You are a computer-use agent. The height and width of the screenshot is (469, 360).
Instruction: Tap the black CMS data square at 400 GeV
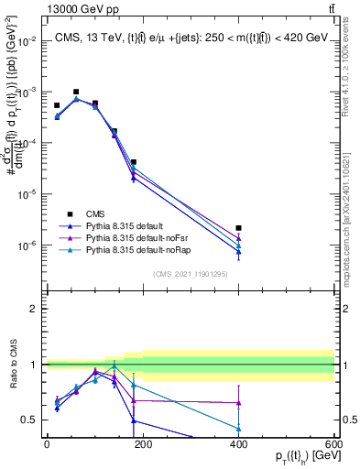[x=238, y=228]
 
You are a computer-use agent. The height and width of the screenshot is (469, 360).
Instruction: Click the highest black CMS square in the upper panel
[x=76, y=92]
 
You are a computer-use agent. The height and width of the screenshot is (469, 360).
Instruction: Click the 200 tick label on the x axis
[x=142, y=443]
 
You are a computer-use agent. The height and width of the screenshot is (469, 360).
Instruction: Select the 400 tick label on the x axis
[x=238, y=443]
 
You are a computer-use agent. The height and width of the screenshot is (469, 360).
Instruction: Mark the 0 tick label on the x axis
[x=47, y=443]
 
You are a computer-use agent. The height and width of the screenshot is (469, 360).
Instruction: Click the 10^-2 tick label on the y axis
[x=28, y=41]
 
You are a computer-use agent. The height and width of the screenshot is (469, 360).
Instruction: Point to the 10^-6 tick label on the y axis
[x=28, y=245]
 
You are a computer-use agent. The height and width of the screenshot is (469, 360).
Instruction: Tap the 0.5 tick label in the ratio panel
[x=31, y=420]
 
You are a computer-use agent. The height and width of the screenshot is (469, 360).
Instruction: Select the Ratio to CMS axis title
[x=13, y=365]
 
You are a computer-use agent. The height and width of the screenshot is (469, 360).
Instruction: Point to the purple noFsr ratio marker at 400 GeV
[x=238, y=402]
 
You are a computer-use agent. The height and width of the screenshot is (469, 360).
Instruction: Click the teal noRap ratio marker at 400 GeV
[x=238, y=428]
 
